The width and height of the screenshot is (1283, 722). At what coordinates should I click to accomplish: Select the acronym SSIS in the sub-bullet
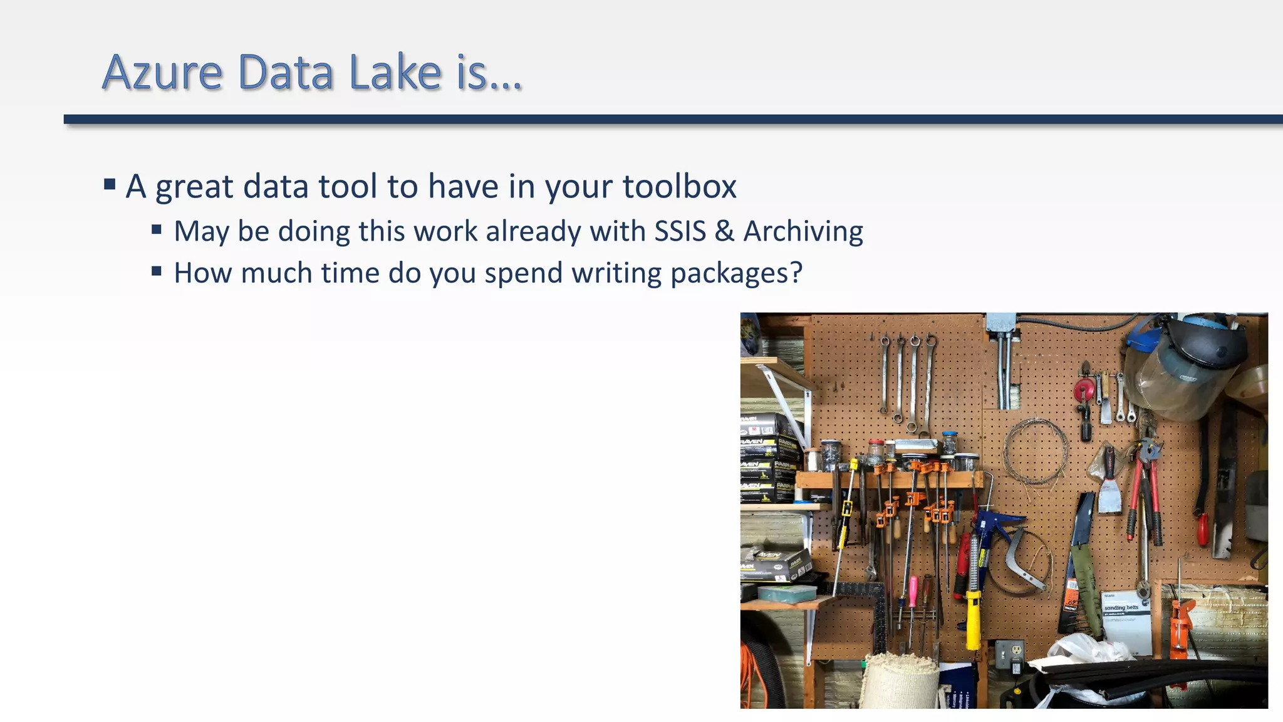680,231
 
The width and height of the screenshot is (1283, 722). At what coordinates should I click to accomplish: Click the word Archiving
803,231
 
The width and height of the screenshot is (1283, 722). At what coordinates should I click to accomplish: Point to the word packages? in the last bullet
736,273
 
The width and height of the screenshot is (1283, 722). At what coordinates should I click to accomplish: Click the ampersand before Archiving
724,231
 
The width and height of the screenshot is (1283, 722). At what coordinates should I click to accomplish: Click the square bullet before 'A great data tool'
110,184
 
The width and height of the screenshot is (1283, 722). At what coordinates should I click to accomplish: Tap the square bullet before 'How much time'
157,271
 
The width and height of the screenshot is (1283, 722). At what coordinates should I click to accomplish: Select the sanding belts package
1126,620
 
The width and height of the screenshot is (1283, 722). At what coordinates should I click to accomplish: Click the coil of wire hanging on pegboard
1036,451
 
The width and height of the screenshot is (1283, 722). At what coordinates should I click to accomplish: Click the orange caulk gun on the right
1181,627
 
